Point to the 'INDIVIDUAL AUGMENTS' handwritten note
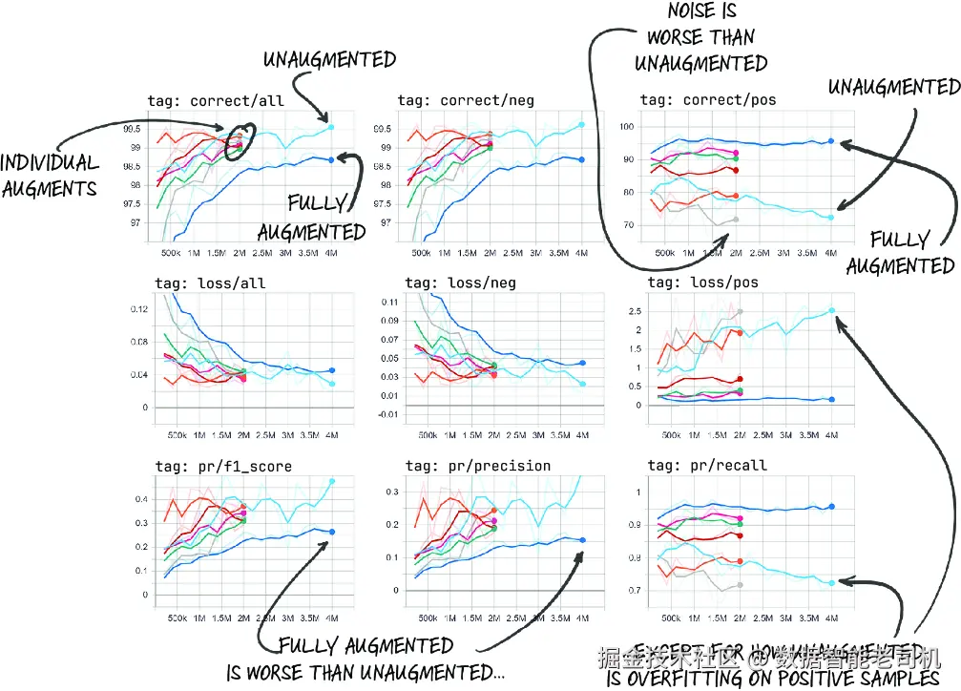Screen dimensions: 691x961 click(51, 175)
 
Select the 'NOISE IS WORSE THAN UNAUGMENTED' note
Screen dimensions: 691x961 click(700, 38)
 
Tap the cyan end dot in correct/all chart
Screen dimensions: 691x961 click(331, 126)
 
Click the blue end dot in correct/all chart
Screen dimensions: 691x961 click(331, 159)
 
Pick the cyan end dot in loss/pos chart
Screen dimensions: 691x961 click(831, 310)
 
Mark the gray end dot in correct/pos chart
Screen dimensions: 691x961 click(735, 220)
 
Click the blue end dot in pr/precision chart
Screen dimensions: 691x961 click(582, 540)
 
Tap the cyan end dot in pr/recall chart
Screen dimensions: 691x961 click(831, 582)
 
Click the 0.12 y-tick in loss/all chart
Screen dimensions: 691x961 click(138, 309)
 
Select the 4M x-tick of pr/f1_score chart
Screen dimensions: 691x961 click(331, 618)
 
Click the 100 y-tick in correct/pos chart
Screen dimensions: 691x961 click(628, 126)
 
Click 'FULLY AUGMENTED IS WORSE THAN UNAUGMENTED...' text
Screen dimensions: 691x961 click(366, 659)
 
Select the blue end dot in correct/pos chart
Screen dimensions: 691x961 click(831, 141)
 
